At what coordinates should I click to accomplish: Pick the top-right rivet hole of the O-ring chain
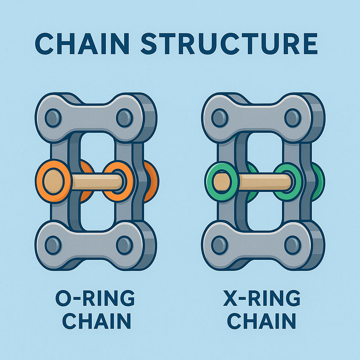(124, 117)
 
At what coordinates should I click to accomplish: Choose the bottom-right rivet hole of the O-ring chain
(124, 245)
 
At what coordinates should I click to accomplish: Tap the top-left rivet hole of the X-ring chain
(220, 117)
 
